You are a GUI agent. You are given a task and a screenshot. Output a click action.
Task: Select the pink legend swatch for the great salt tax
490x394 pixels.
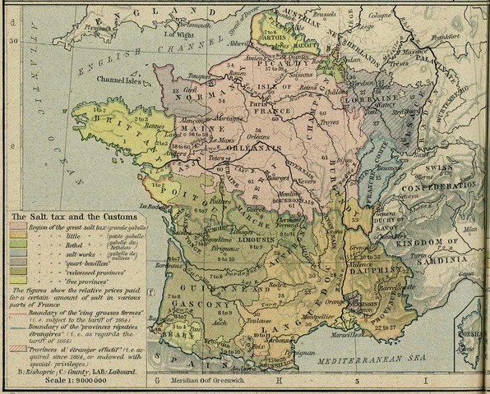coord(18,227)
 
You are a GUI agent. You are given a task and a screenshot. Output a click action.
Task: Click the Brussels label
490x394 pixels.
coord(325,15)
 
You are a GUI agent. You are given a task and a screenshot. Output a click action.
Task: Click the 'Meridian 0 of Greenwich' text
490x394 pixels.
coord(201,383)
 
